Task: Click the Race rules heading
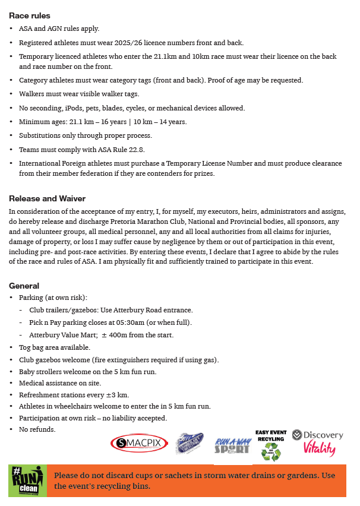point(29,15)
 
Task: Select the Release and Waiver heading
point(47,198)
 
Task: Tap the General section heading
point(24,286)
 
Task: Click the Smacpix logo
point(139,442)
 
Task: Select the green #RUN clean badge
point(27,480)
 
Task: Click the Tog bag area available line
point(55,347)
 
